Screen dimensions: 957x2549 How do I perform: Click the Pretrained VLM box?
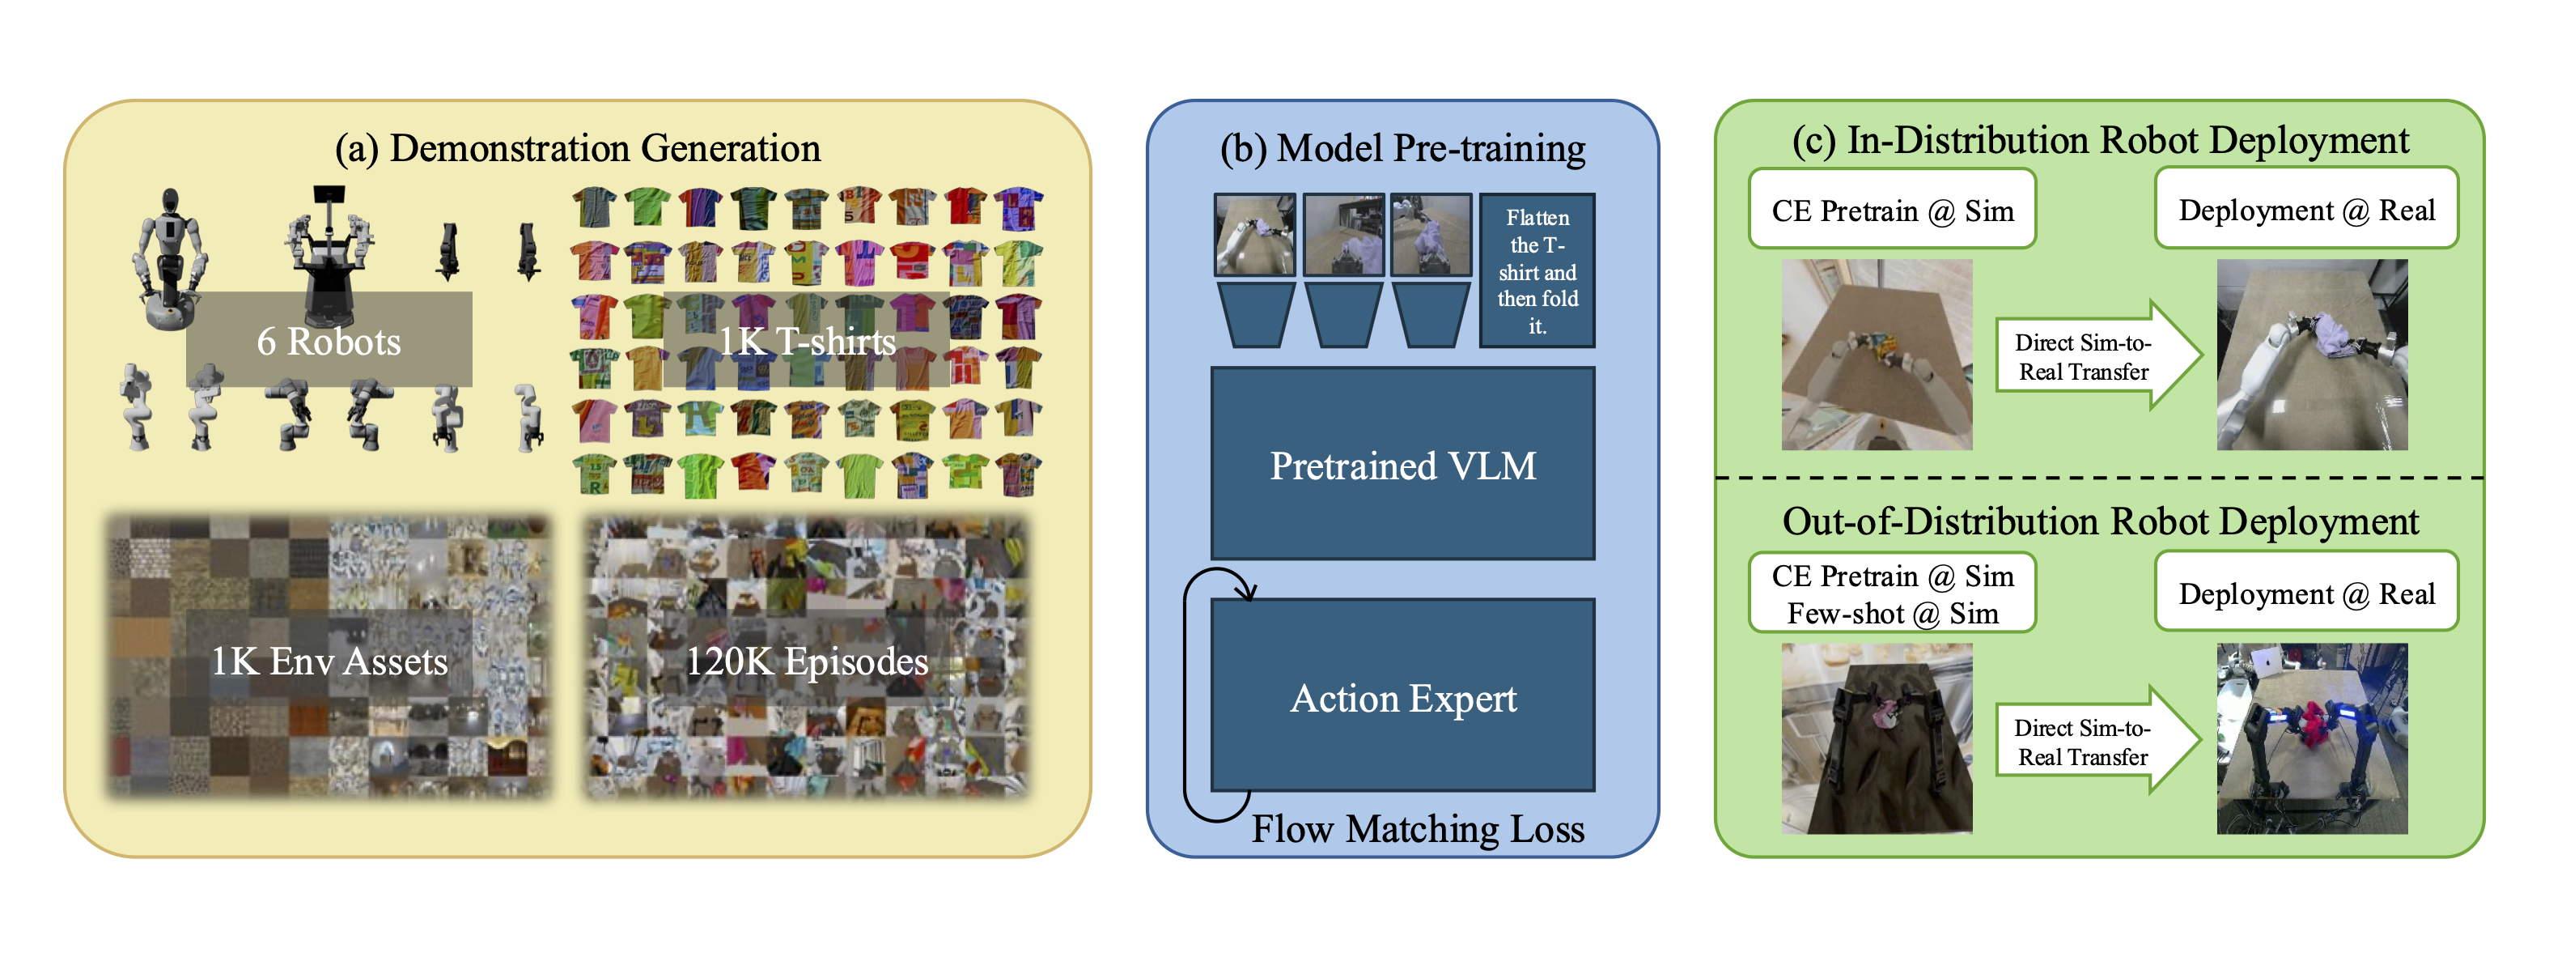point(1402,464)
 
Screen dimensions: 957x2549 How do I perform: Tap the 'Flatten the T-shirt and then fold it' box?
point(1536,270)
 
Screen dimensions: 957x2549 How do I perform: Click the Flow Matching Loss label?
point(1417,828)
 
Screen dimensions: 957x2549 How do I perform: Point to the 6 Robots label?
point(329,340)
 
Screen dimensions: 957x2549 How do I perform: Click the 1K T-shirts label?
point(807,340)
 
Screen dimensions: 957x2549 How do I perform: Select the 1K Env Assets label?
point(329,660)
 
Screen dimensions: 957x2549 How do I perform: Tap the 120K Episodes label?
point(807,660)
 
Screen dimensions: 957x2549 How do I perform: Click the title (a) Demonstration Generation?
point(578,147)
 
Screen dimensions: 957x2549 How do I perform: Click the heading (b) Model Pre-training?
point(1402,147)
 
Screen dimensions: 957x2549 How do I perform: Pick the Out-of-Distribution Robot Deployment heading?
point(2100,521)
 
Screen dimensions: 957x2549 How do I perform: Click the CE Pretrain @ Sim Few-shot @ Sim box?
point(1891,593)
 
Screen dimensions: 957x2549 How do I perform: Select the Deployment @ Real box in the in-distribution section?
point(2305,209)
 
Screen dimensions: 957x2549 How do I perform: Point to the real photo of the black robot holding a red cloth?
point(2312,738)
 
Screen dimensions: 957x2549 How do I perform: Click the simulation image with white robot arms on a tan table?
point(1876,355)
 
